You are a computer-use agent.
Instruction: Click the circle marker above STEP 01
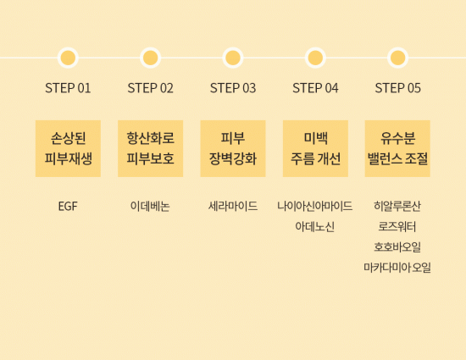[68, 58]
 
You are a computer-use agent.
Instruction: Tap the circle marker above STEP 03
[233, 58]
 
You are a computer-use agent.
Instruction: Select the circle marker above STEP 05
[397, 58]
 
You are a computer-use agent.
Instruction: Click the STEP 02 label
[150, 88]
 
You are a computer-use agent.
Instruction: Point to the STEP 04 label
[315, 88]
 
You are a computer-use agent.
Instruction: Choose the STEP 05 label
[397, 88]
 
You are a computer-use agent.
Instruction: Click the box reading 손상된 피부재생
[68, 148]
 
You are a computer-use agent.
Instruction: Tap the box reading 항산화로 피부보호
[150, 148]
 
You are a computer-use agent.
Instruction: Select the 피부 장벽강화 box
[233, 148]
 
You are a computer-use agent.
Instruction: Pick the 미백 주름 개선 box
[315, 148]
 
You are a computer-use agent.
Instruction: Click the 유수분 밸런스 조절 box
[397, 148]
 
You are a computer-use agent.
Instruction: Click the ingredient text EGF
[68, 206]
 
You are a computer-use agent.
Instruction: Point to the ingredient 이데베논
[150, 206]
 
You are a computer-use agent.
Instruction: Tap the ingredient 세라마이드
[233, 206]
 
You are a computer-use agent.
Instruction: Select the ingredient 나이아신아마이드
[315, 206]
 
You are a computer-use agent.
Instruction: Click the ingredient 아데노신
[315, 227]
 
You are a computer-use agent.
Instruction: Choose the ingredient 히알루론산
[397, 206]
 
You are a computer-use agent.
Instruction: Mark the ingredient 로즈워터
[397, 227]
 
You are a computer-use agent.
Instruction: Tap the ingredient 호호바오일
[397, 246]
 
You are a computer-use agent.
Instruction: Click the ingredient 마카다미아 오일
[397, 268]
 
